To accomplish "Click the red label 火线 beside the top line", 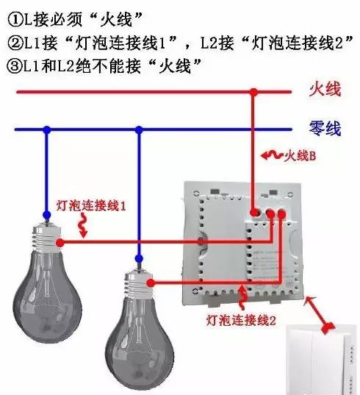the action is click(x=325, y=89).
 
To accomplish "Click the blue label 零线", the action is click(x=325, y=129).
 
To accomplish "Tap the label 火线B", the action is click(x=300, y=156).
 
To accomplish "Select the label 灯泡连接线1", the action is click(x=91, y=206).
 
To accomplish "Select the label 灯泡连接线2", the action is click(x=241, y=321).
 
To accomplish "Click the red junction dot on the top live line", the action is click(x=253, y=92).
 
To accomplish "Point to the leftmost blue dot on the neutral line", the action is click(x=47, y=130).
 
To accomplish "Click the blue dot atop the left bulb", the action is click(x=46, y=216).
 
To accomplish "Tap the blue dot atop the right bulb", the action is click(x=139, y=258).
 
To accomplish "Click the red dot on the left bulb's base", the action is click(x=60, y=243).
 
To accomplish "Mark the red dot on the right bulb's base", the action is click(x=151, y=283).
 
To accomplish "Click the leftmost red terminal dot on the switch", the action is click(x=255, y=212).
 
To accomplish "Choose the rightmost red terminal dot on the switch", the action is click(x=282, y=214).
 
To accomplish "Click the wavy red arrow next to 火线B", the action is click(x=272, y=155).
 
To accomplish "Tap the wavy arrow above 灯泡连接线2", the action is click(x=242, y=296).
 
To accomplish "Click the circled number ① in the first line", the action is click(x=15, y=19).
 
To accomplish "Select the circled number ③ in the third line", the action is click(x=15, y=66).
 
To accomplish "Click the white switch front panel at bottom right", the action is click(x=322, y=360).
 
